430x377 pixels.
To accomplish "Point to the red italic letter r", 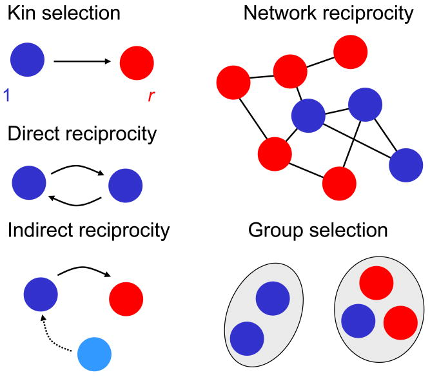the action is pos(151,95).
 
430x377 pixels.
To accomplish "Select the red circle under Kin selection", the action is pos(137,63).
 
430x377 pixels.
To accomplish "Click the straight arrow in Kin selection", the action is pos(83,61).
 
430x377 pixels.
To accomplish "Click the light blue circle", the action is pos(94,354).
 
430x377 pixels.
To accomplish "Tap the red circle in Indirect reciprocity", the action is pos(126,299).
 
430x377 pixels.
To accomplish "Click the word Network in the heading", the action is pos(280,13).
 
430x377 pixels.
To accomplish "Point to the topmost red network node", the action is pos(351,52).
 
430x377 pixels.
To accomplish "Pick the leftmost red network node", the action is pos(233,82).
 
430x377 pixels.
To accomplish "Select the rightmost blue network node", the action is pos(406,165).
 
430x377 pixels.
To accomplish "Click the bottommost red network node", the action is pos(339,184).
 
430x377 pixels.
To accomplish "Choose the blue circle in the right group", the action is pos(358,321).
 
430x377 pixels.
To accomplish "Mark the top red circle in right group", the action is pos(376,283).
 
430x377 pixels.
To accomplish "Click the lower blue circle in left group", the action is pos(247,338).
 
